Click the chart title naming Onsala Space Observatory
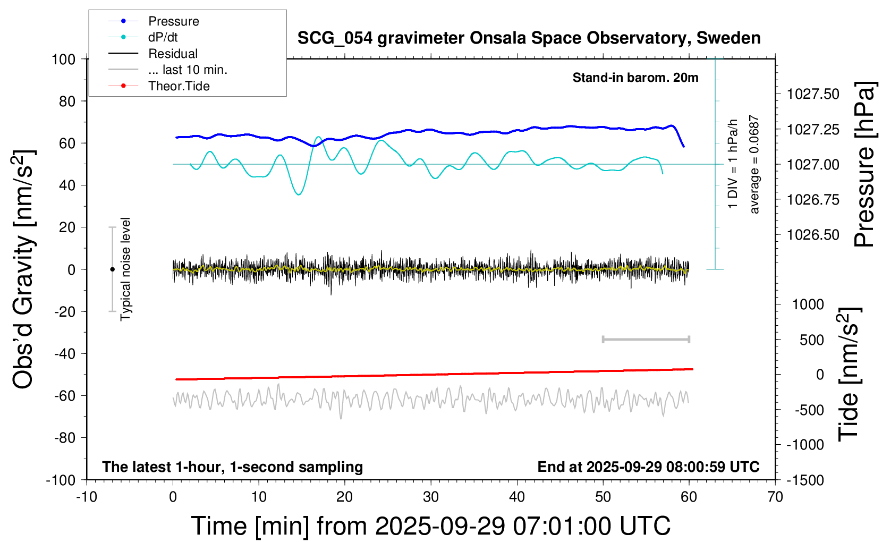pyautogui.click(x=529, y=38)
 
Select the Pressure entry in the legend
pyautogui.click(x=173, y=21)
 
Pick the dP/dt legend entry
pyautogui.click(x=163, y=37)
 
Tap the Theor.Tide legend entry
pyautogui.click(x=179, y=86)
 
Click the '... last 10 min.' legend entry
pyautogui.click(x=188, y=70)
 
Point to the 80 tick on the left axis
pyautogui.click(x=67, y=101)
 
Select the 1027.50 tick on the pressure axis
pyautogui.click(x=813, y=94)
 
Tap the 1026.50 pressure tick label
pyautogui.click(x=813, y=235)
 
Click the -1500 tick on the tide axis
pyautogui.click(x=805, y=480)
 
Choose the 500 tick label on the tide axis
pyautogui.click(x=811, y=340)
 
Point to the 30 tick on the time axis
pyautogui.click(x=430, y=497)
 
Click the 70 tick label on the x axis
pyautogui.click(x=775, y=497)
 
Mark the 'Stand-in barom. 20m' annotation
pyautogui.click(x=635, y=78)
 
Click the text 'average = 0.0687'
pyautogui.click(x=754, y=165)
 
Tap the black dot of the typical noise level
pyautogui.click(x=112, y=269)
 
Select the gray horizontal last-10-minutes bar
pyautogui.click(x=646, y=339)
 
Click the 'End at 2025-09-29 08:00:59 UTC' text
pyautogui.click(x=648, y=467)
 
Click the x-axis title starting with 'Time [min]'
pyautogui.click(x=430, y=526)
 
